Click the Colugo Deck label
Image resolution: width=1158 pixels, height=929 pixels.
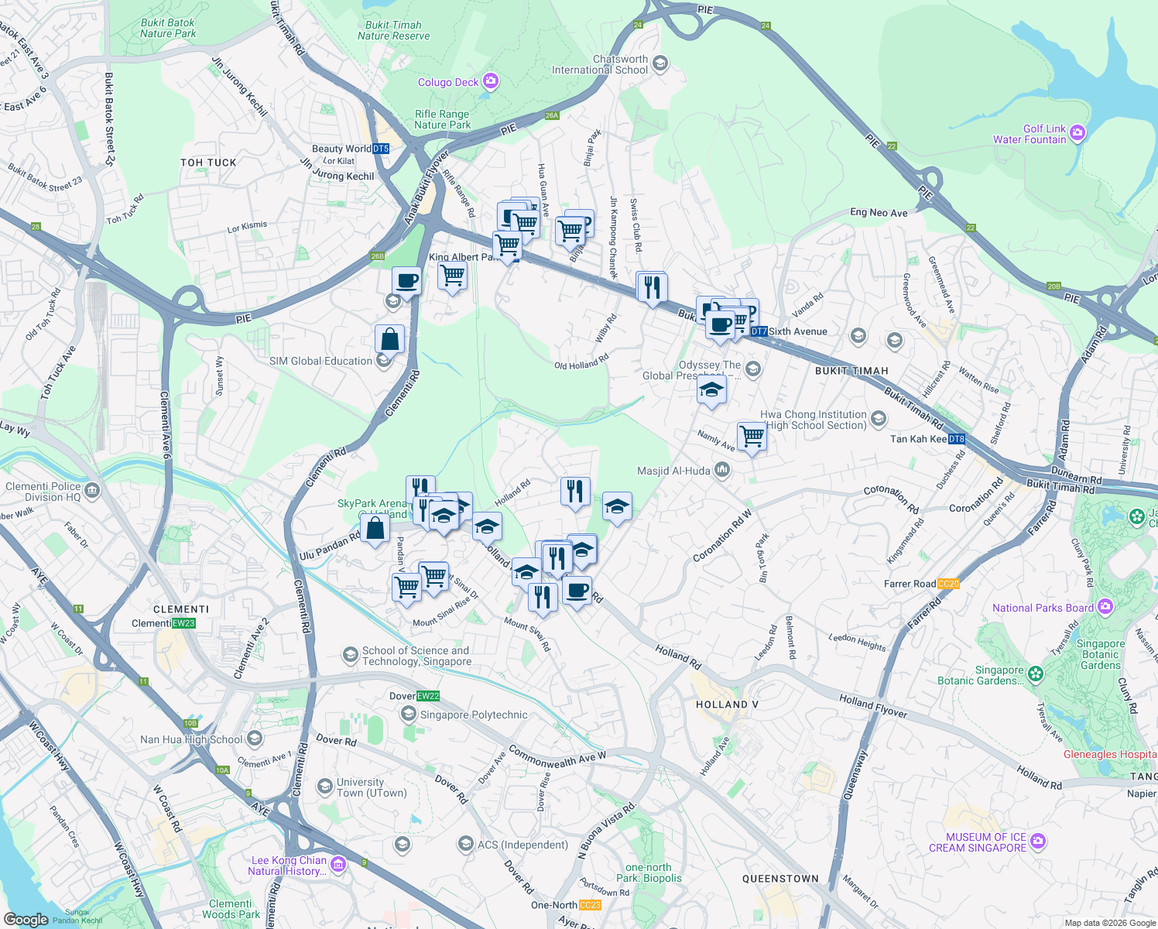(x=448, y=82)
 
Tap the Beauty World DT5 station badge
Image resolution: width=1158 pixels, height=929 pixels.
(x=380, y=149)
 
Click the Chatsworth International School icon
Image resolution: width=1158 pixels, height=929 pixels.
(x=660, y=63)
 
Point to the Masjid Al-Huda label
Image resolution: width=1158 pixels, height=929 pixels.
(x=673, y=471)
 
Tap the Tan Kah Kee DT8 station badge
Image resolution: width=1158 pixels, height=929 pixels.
(x=957, y=439)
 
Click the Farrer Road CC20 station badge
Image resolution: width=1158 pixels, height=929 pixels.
(x=948, y=584)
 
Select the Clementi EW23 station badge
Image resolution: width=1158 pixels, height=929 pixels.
(x=183, y=623)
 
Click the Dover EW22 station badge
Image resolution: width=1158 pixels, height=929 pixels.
(x=428, y=696)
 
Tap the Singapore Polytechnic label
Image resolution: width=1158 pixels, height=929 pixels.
(x=473, y=715)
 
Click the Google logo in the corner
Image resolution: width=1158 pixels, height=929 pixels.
(x=26, y=919)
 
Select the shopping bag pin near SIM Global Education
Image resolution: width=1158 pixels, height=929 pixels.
(x=389, y=339)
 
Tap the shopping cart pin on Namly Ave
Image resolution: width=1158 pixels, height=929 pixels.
(x=752, y=437)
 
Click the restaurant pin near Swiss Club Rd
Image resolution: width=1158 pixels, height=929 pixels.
(x=652, y=287)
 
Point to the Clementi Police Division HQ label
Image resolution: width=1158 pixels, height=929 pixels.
(x=43, y=492)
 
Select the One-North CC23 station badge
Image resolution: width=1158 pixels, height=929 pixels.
(x=589, y=905)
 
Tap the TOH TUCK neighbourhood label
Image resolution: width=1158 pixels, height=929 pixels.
(x=208, y=163)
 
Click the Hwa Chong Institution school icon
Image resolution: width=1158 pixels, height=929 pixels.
(x=878, y=420)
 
